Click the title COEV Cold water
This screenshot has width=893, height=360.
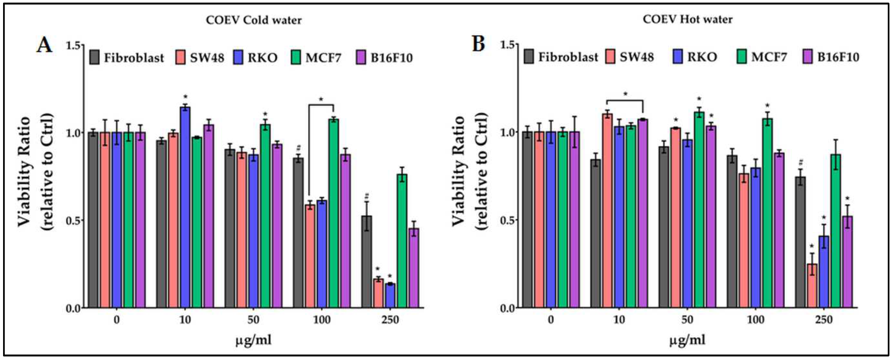[x=254, y=20]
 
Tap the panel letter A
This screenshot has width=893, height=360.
[x=44, y=45]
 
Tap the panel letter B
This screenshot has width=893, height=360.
[x=479, y=44]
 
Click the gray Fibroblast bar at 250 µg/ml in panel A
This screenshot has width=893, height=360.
[x=367, y=262]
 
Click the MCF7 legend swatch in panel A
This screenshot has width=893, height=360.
[x=296, y=57]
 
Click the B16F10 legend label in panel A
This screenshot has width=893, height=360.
[x=392, y=57]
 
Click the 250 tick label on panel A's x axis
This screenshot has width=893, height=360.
[x=390, y=319]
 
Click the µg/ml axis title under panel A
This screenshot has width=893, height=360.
[x=253, y=340]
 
